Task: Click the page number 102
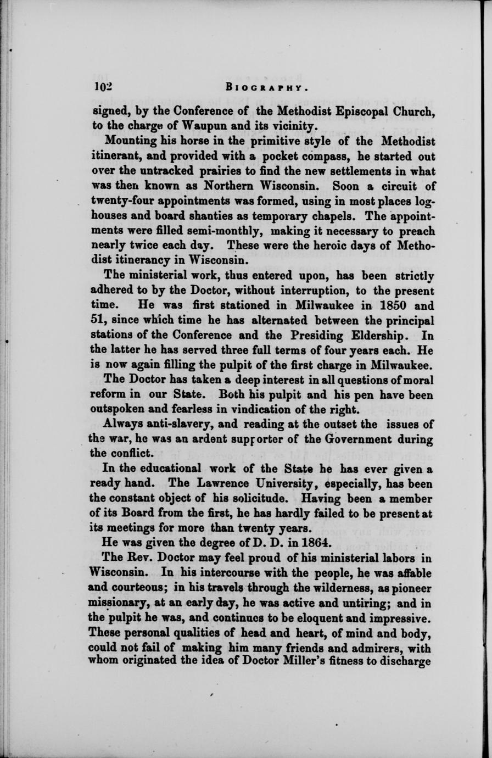tap(102, 87)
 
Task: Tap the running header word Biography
tap(265, 87)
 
